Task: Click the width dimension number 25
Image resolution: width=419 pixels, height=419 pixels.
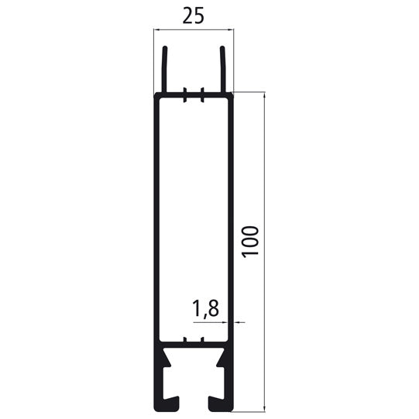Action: coord(194,15)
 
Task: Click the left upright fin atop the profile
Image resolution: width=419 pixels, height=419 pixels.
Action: coord(164,70)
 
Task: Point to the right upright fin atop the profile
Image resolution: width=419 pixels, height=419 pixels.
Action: coord(223,70)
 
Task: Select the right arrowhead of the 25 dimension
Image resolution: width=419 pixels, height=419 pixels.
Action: coord(230,30)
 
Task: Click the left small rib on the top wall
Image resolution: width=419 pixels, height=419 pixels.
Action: coord(186,97)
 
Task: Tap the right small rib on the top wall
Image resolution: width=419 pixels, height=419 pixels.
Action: coord(201,97)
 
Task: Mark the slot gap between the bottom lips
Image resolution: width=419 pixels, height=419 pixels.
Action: coord(194,404)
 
